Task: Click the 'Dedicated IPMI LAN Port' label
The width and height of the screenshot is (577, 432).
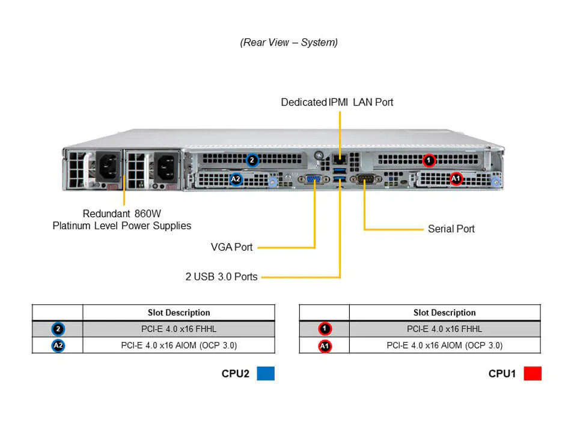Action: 337,102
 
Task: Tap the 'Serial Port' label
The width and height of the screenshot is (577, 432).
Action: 451,229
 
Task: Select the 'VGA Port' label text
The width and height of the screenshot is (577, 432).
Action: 231,247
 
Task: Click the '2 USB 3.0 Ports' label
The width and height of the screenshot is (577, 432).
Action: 221,277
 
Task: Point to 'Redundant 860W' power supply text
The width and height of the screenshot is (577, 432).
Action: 121,213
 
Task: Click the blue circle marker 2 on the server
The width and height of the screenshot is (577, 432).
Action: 252,160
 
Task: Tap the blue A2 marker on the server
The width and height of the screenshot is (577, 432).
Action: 236,179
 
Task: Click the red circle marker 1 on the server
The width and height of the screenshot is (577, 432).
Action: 428,160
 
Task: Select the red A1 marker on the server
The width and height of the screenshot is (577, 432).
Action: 456,179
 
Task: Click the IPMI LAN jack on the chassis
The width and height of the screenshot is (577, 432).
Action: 340,160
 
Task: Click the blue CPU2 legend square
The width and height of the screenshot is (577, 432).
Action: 265,373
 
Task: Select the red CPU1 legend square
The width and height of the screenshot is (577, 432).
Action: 532,373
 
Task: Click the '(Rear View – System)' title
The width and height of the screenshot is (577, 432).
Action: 288,43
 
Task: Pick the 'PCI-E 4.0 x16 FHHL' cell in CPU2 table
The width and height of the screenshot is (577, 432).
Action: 179,329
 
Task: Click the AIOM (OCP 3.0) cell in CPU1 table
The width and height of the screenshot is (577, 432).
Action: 444,345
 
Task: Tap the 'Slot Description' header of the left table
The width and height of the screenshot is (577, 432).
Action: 179,313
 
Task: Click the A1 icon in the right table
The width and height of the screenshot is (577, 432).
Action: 324,346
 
